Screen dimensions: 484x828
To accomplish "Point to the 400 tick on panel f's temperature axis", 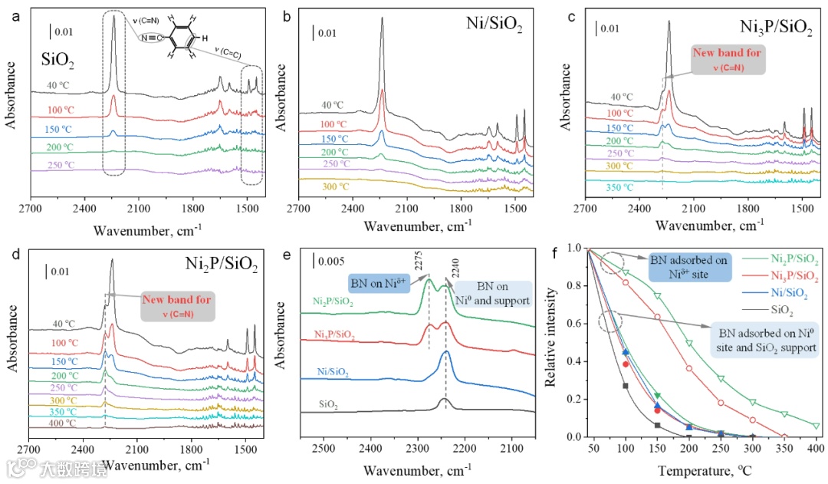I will [815, 448].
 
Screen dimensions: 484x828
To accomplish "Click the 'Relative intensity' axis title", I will [551, 341].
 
